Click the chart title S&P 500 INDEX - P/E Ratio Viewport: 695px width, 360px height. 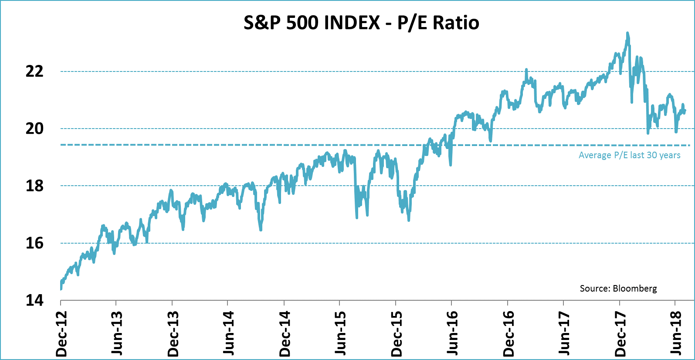coord(361,23)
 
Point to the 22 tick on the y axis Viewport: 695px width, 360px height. coord(35,71)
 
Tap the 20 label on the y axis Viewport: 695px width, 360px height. coord(35,129)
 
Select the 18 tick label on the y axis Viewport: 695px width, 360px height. coord(35,186)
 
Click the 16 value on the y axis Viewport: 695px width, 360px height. coord(35,243)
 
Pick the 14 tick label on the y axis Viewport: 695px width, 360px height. coord(35,300)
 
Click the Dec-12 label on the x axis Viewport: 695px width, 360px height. coord(61,334)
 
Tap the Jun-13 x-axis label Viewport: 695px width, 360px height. coord(117,334)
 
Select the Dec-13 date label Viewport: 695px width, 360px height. coord(173,334)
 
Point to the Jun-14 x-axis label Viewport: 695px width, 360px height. coord(228,334)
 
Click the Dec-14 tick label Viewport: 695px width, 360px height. coord(285,334)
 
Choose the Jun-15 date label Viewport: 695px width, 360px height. coord(340,334)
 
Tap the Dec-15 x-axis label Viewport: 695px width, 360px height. coord(397,334)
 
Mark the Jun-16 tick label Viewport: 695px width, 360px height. coord(452,334)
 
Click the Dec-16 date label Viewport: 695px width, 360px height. coord(509,334)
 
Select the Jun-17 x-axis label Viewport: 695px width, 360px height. coord(564,334)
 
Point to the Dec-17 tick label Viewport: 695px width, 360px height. coord(620,334)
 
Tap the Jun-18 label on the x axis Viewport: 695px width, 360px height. coord(676,334)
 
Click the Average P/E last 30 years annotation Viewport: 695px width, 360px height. coord(629,155)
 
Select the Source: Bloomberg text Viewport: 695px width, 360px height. coord(618,289)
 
